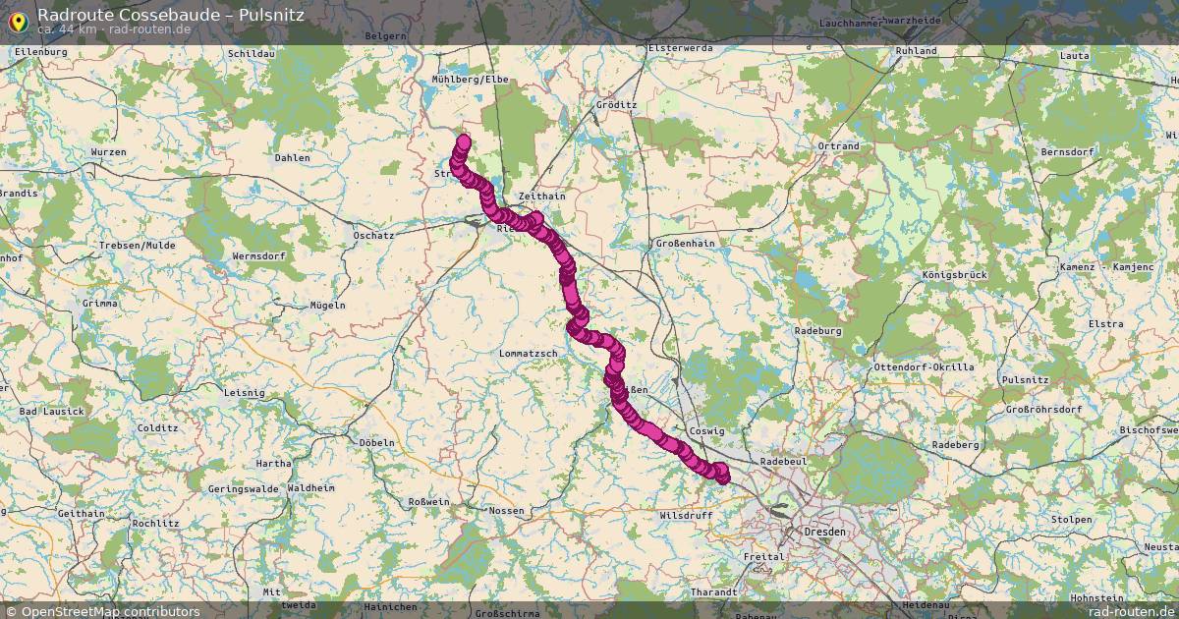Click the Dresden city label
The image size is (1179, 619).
[x=823, y=532]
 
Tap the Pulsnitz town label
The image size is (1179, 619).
[x=1024, y=379]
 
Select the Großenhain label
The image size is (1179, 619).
[x=685, y=243]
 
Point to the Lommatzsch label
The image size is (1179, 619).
[x=529, y=353]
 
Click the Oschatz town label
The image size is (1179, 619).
[x=373, y=236]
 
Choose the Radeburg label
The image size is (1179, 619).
[x=818, y=331]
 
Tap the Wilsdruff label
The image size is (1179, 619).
[x=686, y=514]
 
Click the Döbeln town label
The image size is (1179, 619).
[x=376, y=442]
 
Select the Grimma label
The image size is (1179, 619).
[x=100, y=304]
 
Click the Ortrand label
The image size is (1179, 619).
[x=838, y=146]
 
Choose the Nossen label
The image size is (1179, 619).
[x=506, y=511]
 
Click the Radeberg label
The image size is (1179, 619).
[x=956, y=444]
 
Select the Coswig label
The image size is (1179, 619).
[x=707, y=431]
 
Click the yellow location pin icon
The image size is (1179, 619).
[x=17, y=20]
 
